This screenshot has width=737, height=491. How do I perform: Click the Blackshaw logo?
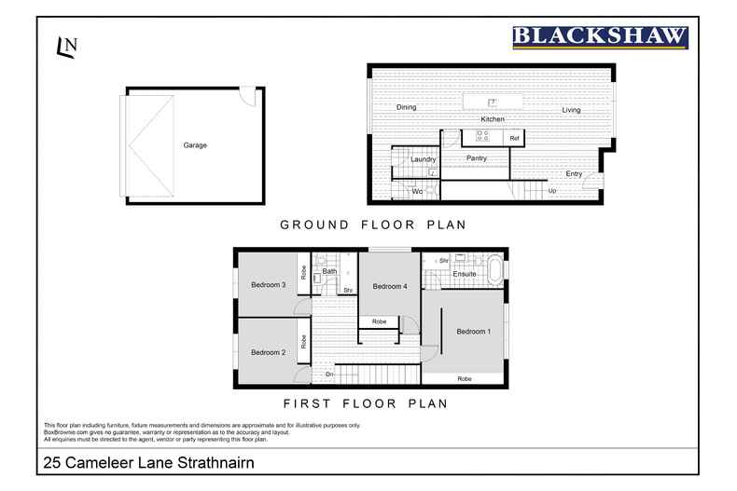tap(600, 37)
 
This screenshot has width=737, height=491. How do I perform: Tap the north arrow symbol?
tap(66, 47)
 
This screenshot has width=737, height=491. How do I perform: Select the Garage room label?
tap(195, 145)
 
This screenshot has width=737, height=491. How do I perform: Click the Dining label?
tap(406, 108)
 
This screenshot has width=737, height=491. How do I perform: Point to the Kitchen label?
tap(493, 119)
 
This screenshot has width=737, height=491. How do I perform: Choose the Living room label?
tap(571, 110)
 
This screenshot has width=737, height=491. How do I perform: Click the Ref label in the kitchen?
tap(513, 138)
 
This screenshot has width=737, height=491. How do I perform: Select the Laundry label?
tap(424, 159)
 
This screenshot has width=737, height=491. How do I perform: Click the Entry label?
tap(574, 173)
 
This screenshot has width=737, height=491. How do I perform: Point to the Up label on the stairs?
tap(552, 191)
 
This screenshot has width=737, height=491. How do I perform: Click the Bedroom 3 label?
tap(269, 285)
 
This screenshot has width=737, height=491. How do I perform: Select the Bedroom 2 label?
tap(269, 352)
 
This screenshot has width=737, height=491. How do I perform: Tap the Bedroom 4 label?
tap(390, 286)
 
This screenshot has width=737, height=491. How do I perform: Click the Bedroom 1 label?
tap(472, 332)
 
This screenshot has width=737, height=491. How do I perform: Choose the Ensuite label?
tap(465, 274)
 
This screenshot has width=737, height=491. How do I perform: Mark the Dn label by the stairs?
tap(329, 375)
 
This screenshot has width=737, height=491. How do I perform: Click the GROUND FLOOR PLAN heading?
tap(373, 225)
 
